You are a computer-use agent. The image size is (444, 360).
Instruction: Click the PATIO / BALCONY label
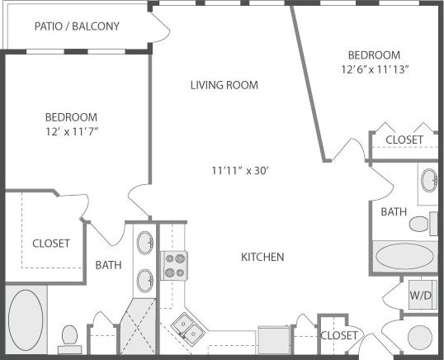click(x=77, y=26)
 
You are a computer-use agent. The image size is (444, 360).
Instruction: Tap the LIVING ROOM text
click(x=224, y=84)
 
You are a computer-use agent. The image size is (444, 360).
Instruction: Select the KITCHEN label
click(x=262, y=257)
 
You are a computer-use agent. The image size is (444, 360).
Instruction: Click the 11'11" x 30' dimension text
click(x=240, y=171)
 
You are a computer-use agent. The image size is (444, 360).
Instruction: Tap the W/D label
click(x=420, y=295)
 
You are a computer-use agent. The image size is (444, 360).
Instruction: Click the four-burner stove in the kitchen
click(x=174, y=266)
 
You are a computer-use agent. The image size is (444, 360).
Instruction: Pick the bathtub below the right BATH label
click(x=403, y=255)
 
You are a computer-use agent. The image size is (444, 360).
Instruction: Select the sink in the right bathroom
click(x=428, y=181)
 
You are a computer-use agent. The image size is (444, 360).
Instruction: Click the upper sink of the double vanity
click(x=144, y=244)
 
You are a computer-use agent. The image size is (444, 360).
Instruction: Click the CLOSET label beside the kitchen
click(x=339, y=335)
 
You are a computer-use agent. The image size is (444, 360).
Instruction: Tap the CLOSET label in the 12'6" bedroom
click(x=404, y=140)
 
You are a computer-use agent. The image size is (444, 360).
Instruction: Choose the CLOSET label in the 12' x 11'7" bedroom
click(x=50, y=244)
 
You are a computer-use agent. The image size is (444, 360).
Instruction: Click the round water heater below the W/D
click(x=420, y=338)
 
